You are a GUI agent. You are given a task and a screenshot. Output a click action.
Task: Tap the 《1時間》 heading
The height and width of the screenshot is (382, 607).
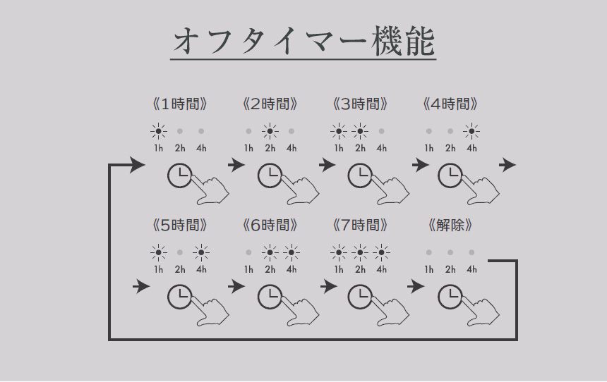tap(179, 104)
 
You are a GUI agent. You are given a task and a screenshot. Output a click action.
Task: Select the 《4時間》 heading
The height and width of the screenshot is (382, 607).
tap(450, 104)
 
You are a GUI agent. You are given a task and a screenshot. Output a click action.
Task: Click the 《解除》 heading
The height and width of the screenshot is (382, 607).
tap(450, 226)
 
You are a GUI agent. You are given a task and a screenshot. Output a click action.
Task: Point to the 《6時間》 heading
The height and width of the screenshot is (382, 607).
tap(270, 226)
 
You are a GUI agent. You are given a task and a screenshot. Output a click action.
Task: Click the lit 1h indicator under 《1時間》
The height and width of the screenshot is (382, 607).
tap(158, 132)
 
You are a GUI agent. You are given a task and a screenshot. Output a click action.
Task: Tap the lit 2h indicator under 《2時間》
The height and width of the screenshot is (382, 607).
tap(270, 132)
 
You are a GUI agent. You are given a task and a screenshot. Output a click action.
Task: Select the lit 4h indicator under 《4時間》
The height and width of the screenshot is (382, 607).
tap(471, 132)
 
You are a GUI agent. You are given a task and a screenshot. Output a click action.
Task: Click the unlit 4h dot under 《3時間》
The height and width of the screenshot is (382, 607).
tap(381, 132)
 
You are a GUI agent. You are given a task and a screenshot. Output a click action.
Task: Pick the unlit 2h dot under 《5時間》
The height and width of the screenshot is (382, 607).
tap(179, 252)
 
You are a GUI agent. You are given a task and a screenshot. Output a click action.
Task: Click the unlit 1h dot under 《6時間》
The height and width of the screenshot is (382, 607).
tap(248, 252)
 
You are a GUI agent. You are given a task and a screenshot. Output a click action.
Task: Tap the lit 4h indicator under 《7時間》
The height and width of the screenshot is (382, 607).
tap(381, 252)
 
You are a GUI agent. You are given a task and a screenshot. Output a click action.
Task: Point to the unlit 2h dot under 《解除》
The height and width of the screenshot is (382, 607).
tap(450, 252)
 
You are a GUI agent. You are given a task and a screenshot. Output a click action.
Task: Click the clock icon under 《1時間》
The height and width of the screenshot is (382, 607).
tap(179, 176)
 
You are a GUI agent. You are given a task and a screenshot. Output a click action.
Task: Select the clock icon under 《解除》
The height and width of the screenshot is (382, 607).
tap(450, 297)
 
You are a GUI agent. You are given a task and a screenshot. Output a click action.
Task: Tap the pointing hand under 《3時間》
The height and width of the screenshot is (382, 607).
tap(391, 190)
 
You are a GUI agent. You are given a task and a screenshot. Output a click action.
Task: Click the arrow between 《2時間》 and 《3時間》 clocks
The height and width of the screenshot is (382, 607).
tap(327, 166)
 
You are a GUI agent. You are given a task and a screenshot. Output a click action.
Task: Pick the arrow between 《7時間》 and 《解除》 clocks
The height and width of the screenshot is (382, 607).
tap(416, 286)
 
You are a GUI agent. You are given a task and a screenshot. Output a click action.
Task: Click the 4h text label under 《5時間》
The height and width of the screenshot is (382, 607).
tap(201, 269)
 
